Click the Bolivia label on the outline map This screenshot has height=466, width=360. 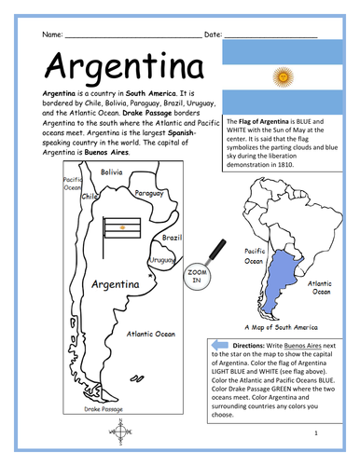pyautogui.click(x=111, y=172)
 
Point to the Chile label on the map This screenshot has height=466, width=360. pyautogui.click(x=90, y=197)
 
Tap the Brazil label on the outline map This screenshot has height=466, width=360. pyautogui.click(x=170, y=239)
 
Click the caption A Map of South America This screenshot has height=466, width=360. pyautogui.click(x=279, y=327)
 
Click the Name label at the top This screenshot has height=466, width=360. pyautogui.click(x=52, y=34)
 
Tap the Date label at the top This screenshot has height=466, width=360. pyautogui.click(x=212, y=34)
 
